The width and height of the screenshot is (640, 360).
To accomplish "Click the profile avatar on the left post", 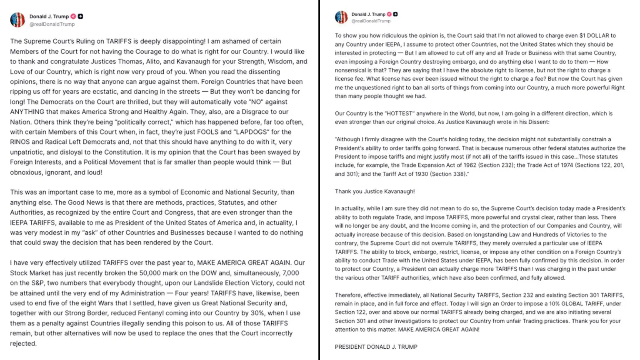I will pos(17,20).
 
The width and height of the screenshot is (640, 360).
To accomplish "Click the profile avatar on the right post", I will pos(341,17).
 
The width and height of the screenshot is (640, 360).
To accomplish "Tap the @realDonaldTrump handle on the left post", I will pos(52,24).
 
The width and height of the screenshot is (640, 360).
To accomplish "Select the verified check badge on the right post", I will pos(389,14).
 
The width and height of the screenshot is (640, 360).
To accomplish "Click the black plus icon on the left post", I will pos(80,16).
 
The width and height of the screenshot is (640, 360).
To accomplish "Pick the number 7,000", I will pos(291,273).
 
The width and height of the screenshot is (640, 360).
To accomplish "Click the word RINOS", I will pos(20,142).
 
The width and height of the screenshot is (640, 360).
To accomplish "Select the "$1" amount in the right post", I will pos(577,36).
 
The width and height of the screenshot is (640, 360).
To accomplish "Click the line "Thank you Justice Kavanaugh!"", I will pos(375,192).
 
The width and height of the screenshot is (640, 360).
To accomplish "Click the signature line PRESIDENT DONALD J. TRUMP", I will pos(376,347).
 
